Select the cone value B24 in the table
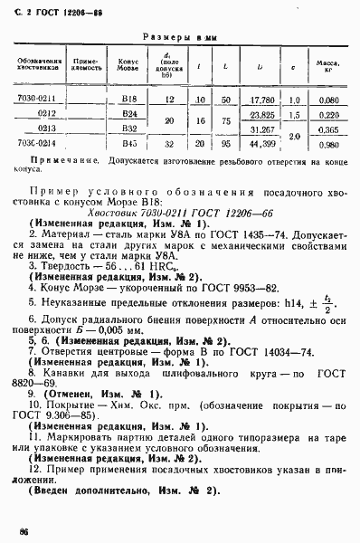pos(128,115)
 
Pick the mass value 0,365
pos(327,129)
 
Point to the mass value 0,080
pos(327,100)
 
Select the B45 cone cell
pos(128,143)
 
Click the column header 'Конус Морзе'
pos(128,66)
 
